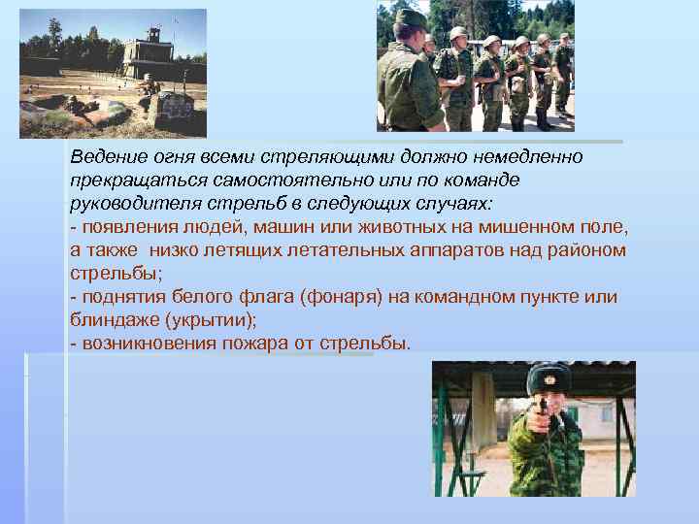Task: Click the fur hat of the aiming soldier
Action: click(x=549, y=377)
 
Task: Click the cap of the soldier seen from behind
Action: click(x=412, y=17)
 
